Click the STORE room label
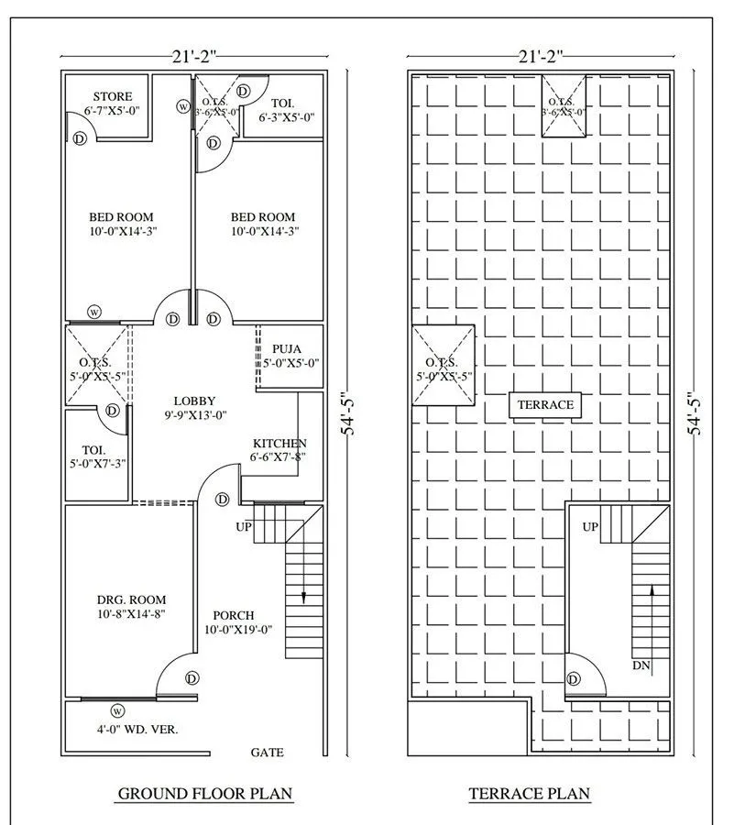click(113, 97)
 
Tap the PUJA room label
click(287, 349)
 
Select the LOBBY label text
click(194, 401)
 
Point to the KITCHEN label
click(279, 444)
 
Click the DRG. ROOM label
click(131, 599)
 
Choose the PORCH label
click(234, 615)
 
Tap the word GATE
click(267, 753)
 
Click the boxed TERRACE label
click(545, 404)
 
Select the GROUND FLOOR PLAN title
click(204, 794)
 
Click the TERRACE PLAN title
click(530, 794)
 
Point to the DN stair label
click(641, 665)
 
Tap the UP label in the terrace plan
click(590, 527)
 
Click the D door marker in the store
click(80, 139)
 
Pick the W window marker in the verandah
click(117, 711)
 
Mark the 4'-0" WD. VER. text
click(137, 730)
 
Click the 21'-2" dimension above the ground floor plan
click(194, 56)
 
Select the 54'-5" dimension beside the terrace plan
click(696, 413)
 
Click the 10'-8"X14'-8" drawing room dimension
click(131, 614)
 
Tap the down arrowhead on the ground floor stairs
click(303, 598)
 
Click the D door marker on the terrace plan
click(574, 679)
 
